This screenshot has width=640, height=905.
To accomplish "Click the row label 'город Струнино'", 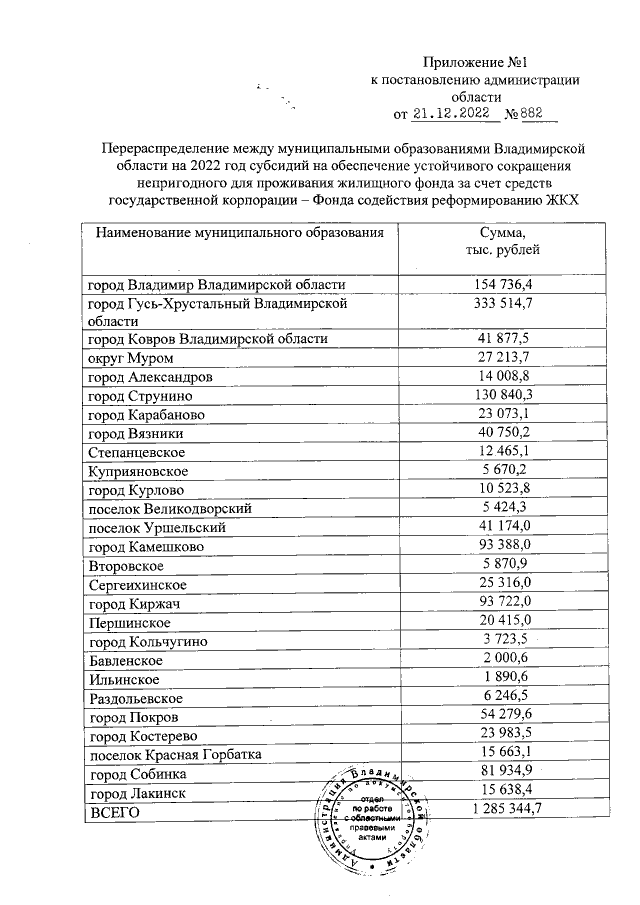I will (141, 395).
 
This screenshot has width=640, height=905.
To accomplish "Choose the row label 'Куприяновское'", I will (138, 470).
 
